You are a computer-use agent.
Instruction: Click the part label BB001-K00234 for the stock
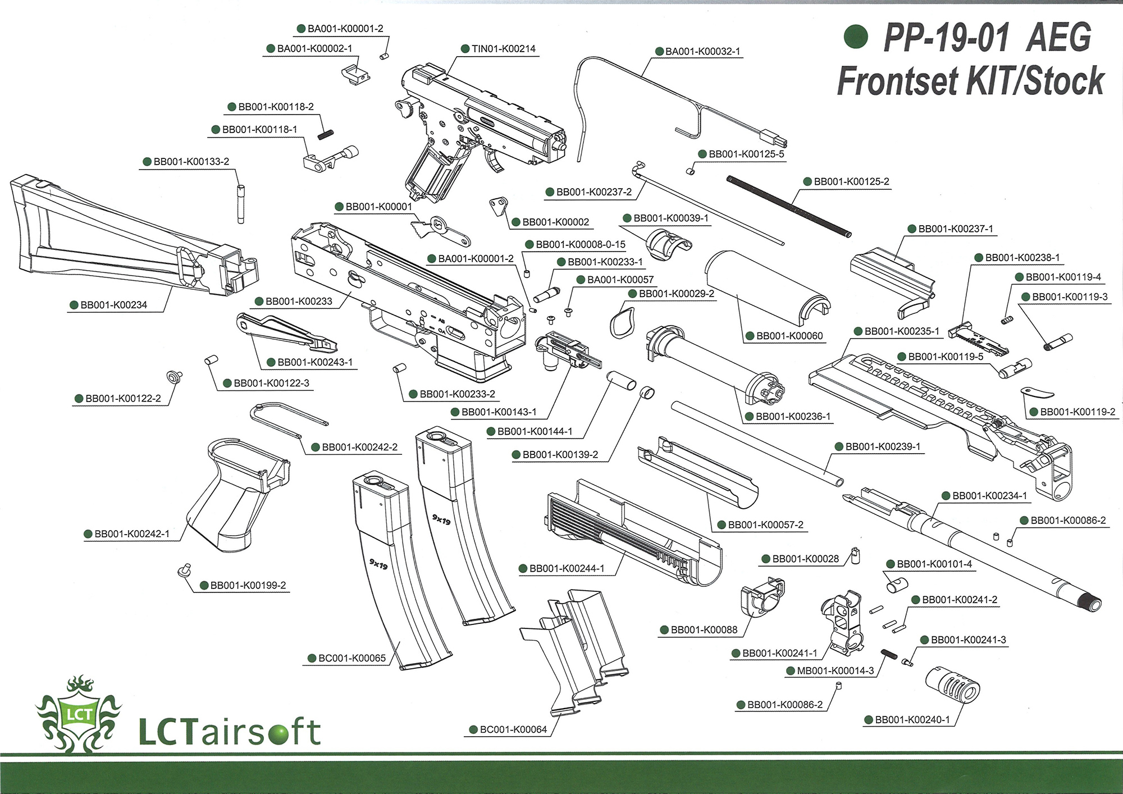coord(113,305)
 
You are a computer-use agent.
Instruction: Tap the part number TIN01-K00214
coord(503,49)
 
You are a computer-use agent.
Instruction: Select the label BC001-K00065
coord(351,658)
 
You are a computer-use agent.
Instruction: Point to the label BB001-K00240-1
coord(912,720)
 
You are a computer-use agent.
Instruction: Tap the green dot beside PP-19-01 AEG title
coord(856,37)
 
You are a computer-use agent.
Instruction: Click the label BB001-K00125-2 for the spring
coord(851,181)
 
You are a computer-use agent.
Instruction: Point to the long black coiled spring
coord(788,206)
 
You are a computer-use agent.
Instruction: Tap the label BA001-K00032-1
coord(702,52)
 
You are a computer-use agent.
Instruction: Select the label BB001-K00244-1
coord(567,568)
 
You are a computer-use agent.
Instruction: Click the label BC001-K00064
coord(513,729)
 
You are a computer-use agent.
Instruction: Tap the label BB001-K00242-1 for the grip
coord(131,533)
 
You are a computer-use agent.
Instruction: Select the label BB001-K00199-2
coord(248,585)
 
